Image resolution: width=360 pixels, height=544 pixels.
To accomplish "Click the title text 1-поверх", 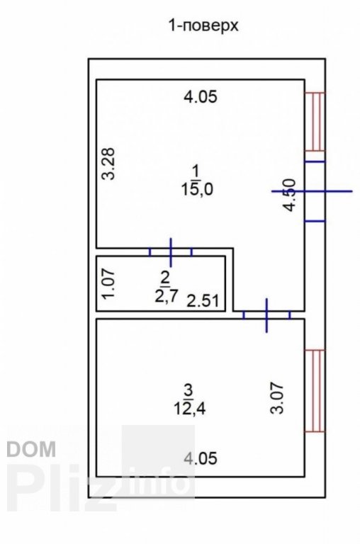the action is (x=203, y=25).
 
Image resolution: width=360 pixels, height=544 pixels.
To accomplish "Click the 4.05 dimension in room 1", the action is (x=201, y=96).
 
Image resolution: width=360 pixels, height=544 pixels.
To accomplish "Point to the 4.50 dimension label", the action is (x=289, y=195).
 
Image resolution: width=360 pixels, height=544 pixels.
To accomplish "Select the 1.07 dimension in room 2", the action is (x=108, y=284).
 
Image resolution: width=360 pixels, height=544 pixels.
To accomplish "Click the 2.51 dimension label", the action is (x=203, y=300).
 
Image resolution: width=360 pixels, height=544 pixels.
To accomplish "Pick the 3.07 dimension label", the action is (x=277, y=398).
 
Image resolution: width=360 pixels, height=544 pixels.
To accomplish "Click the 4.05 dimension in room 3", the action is (x=201, y=458).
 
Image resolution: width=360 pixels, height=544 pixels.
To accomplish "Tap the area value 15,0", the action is (x=197, y=189).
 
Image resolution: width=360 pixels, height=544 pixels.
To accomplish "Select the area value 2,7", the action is (x=167, y=296).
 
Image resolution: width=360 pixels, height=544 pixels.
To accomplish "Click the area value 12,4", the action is (x=190, y=409).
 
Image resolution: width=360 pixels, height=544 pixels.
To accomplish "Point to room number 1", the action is (x=196, y=171).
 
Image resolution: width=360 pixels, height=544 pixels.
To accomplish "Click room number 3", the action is (x=189, y=390).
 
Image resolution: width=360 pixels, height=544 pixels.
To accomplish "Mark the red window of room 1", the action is (x=315, y=121).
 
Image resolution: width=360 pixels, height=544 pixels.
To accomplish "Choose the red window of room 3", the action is (x=315, y=391).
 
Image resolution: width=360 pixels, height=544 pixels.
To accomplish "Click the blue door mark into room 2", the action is (x=171, y=252).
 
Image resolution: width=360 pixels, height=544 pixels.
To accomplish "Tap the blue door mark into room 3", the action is (x=266, y=315).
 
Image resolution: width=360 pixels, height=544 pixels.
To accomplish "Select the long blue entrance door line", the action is (x=312, y=191).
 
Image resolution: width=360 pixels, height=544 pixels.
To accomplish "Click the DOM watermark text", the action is (x=31, y=449).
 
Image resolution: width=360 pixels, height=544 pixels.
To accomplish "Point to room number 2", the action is (x=165, y=278).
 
